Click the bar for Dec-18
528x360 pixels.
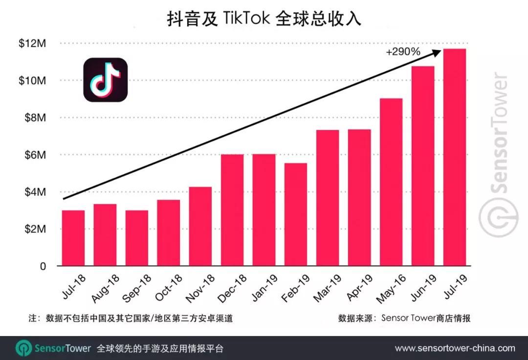click(232, 210)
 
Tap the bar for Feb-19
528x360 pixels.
click(296, 214)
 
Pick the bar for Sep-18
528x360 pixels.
click(137, 238)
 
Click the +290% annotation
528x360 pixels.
click(403, 52)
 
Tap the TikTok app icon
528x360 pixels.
click(105, 80)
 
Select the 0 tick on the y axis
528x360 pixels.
click(43, 266)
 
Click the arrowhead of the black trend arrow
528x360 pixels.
click(437, 51)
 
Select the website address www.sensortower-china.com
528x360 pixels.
click(455, 348)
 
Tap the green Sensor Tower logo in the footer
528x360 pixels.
click(23, 348)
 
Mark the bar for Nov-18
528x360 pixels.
click(200, 227)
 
